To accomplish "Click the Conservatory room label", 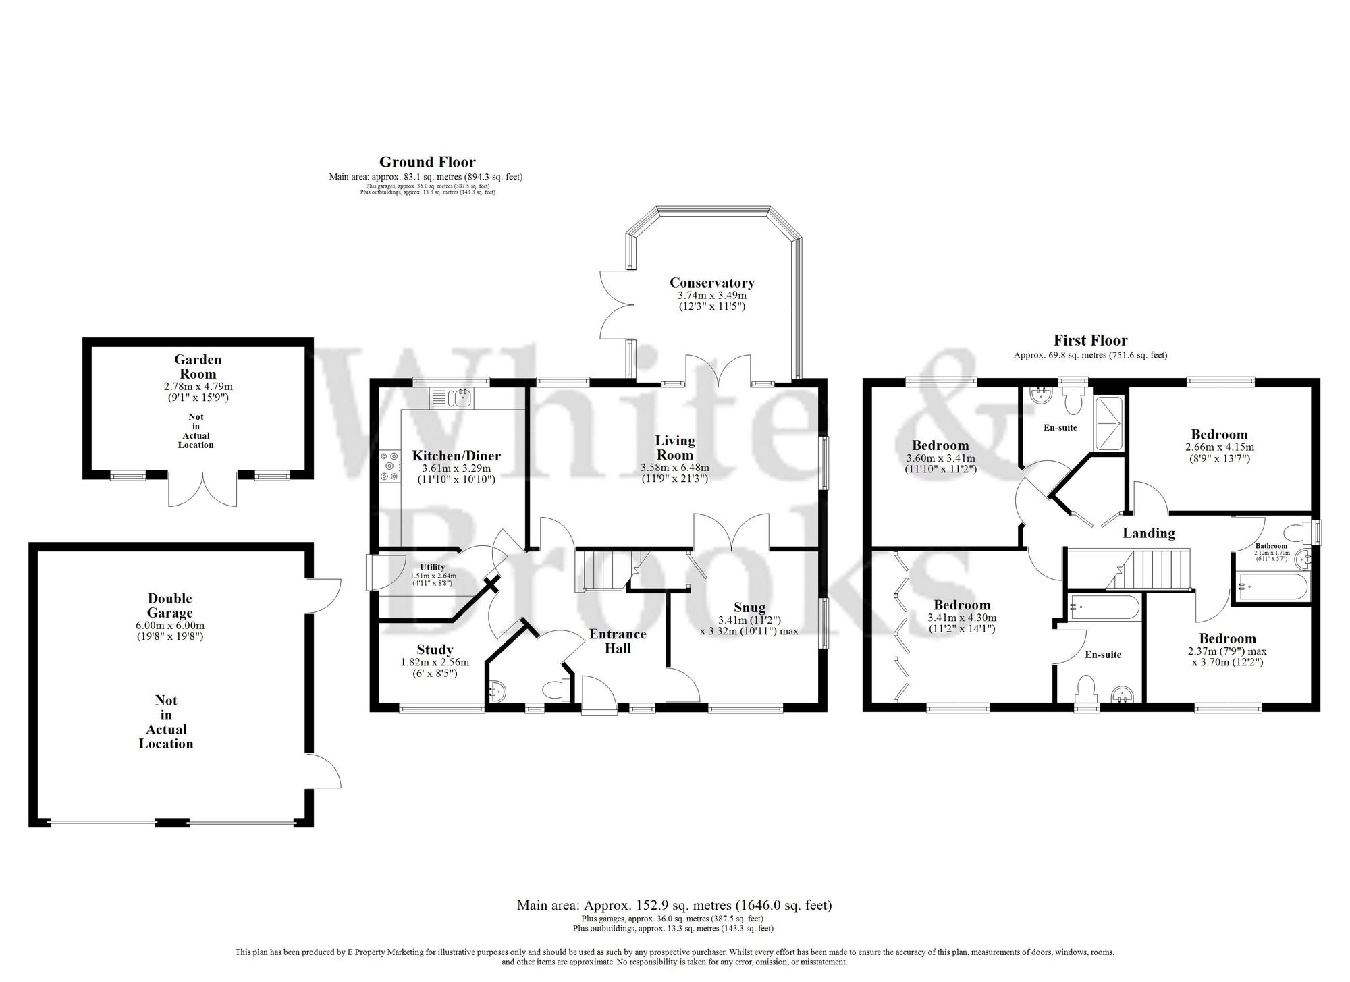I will (711, 283).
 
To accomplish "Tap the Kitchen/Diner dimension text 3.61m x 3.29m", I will (456, 468).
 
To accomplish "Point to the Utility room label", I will (432, 566).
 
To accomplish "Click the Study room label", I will (435, 650).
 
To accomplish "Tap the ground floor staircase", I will (603, 569).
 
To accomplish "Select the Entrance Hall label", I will (617, 641).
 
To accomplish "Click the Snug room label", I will (749, 607).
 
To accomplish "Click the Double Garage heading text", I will (170, 605).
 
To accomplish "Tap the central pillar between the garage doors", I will (171, 822).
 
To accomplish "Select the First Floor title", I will (1090, 341).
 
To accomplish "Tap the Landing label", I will (1148, 533).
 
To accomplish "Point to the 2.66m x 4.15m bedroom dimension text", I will (1219, 447).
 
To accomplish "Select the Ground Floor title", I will (427, 162).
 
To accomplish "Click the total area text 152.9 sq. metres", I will (674, 905).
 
